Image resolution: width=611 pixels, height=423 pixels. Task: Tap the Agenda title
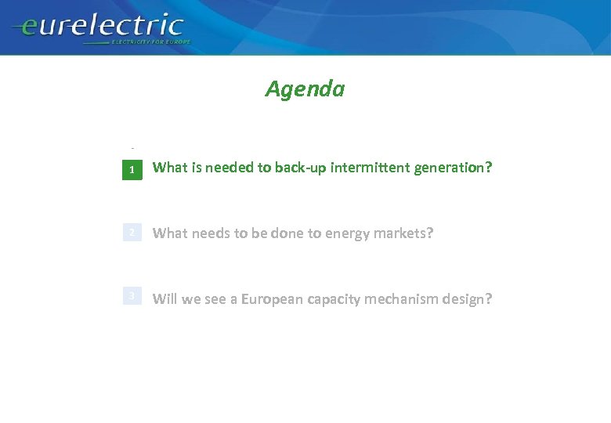(305, 89)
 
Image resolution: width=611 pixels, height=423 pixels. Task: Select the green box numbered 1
(132, 169)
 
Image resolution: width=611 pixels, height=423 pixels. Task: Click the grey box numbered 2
(132, 233)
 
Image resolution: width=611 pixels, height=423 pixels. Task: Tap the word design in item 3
(468, 299)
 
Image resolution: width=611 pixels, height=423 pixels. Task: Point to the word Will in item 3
(164, 298)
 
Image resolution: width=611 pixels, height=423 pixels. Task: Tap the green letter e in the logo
(29, 29)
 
